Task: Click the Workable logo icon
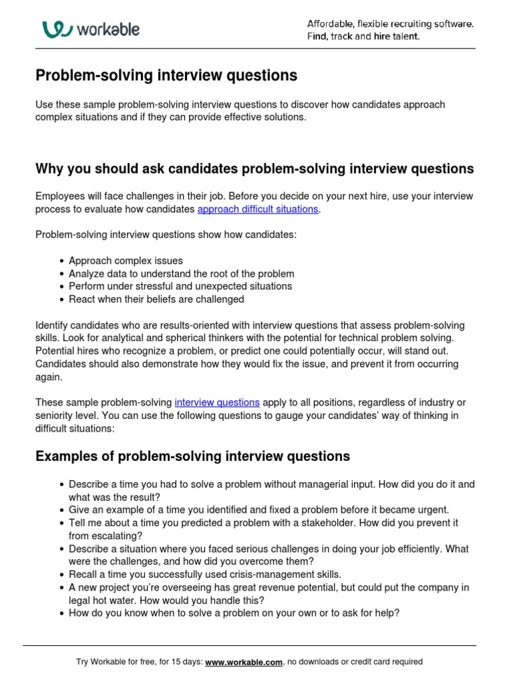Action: (57, 29)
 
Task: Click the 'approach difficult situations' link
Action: (258, 209)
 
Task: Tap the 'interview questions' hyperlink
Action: (217, 402)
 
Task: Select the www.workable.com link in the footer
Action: (244, 662)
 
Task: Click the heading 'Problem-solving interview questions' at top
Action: (166, 76)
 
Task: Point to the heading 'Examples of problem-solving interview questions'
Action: (192, 456)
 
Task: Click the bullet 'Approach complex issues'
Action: (126, 261)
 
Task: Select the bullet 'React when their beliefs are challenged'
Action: (156, 299)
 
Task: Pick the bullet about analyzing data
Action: (181, 273)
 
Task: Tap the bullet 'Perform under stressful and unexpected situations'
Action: (180, 286)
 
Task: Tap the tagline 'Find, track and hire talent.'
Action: (363, 37)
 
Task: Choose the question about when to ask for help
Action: (234, 613)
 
